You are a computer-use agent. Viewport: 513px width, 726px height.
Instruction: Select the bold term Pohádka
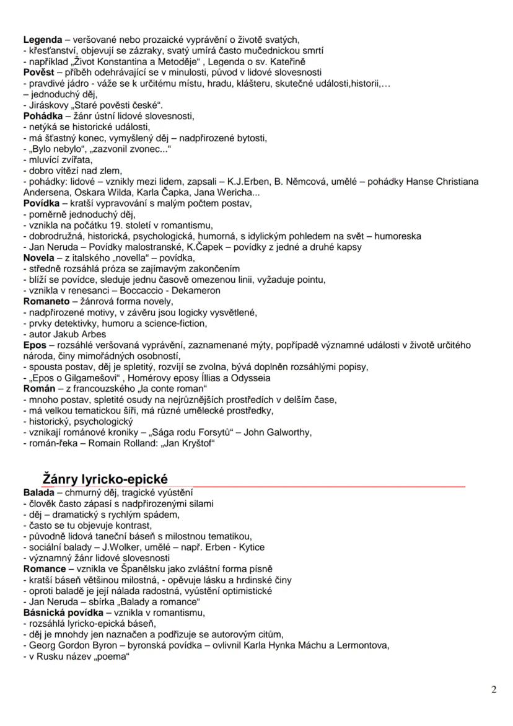[42, 115]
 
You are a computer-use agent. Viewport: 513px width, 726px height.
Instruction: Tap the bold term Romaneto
[46, 302]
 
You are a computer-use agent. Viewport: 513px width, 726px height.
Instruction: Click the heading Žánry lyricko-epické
[105, 479]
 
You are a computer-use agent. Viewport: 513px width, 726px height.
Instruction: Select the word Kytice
[249, 547]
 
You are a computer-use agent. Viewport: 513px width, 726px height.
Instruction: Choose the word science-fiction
[176, 322]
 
